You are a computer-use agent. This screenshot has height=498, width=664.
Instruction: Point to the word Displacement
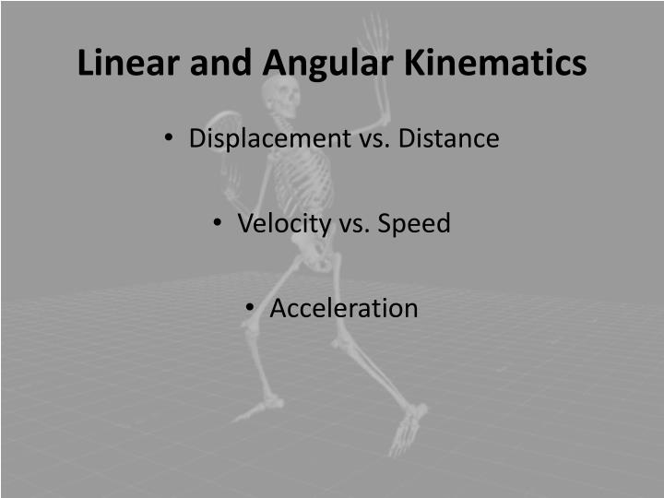click(x=264, y=139)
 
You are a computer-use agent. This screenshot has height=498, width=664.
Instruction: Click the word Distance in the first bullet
click(x=446, y=139)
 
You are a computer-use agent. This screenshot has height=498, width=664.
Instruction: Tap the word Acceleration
click(x=343, y=308)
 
